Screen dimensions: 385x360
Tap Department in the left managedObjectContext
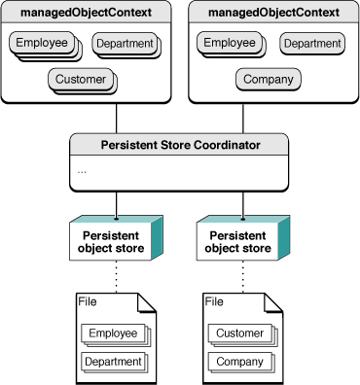click(x=124, y=45)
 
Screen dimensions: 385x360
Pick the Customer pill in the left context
click(x=80, y=80)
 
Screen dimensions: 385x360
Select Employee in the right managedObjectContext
click(x=228, y=44)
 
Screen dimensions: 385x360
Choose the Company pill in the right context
click(x=269, y=80)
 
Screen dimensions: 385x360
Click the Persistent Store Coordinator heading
click(x=179, y=146)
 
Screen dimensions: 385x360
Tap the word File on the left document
click(x=88, y=302)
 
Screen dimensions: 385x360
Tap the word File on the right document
click(x=215, y=302)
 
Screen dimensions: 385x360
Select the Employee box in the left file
click(x=113, y=334)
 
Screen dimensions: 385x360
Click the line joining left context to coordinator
click(x=117, y=118)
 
